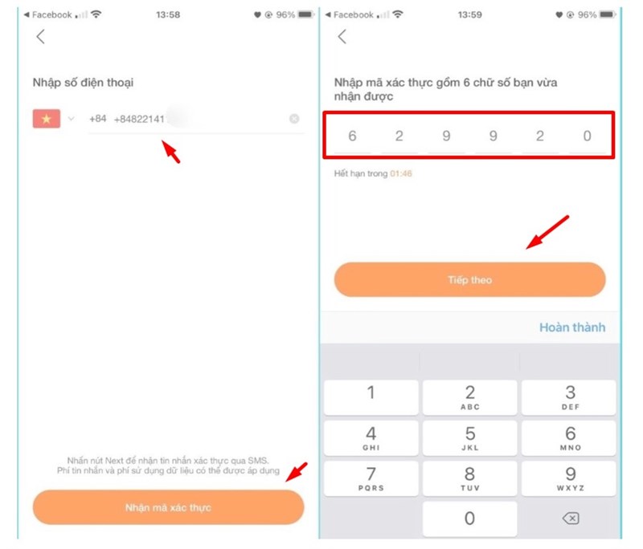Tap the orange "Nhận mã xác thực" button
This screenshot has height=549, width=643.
(168, 507)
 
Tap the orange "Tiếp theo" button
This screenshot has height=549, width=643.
(469, 280)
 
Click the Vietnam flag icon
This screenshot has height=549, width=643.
(46, 119)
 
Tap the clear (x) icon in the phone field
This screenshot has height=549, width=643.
(294, 119)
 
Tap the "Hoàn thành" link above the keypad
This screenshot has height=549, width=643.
(571, 327)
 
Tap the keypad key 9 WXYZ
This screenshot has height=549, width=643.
(569, 478)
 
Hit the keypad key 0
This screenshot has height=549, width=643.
(469, 518)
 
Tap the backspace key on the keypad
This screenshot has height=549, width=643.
(569, 518)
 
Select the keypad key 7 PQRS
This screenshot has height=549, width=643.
(371, 478)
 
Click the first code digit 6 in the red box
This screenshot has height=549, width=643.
(352, 136)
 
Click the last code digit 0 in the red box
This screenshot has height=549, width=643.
(587, 136)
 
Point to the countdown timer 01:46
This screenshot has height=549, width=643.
(401, 173)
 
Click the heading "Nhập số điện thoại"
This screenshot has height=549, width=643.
(83, 82)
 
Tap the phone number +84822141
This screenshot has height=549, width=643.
(140, 119)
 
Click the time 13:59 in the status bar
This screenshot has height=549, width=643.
(470, 14)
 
